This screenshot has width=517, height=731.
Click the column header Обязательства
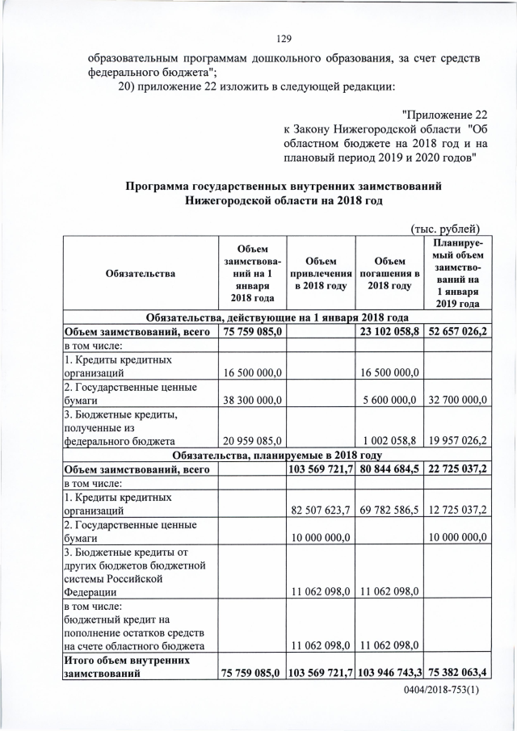(140, 274)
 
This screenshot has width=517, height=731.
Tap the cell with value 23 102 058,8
(389, 331)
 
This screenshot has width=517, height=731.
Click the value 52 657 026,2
(458, 331)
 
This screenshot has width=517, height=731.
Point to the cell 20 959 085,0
(252, 441)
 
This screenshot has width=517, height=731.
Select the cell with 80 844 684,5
(389, 468)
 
